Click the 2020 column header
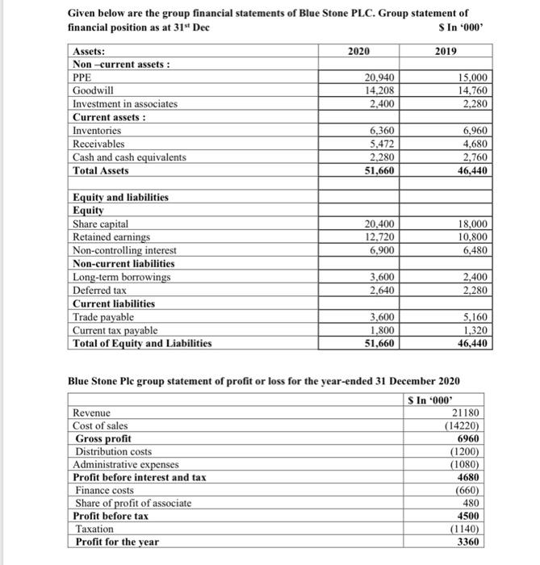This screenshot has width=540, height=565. (x=358, y=51)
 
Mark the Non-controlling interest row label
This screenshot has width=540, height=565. (x=125, y=250)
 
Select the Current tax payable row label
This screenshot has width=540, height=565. (x=118, y=329)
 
